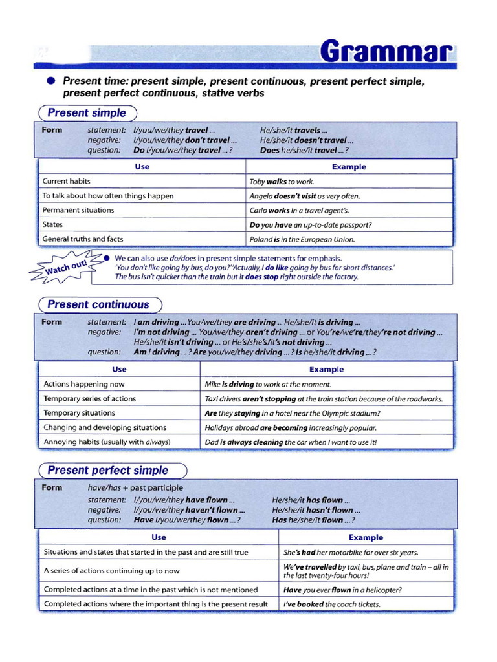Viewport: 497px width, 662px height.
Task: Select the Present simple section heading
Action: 87,113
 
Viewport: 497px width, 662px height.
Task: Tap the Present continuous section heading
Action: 98,304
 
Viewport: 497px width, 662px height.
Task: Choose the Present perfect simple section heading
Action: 108,471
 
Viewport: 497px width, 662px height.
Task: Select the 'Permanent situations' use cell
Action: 78,210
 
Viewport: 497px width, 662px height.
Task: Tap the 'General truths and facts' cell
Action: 82,239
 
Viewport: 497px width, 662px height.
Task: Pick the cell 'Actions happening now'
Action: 84,384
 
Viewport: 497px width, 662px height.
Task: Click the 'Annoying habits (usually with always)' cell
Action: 107,442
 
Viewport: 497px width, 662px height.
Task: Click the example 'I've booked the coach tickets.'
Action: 332,604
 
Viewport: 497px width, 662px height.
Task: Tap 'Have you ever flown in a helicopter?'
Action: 342,590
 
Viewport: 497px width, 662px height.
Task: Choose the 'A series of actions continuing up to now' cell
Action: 111,571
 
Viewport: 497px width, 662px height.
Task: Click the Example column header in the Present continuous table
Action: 326,370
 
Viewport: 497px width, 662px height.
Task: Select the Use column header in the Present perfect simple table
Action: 159,537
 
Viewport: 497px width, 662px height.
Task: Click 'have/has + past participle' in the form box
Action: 135,487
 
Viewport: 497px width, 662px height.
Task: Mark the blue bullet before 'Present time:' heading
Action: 51,81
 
